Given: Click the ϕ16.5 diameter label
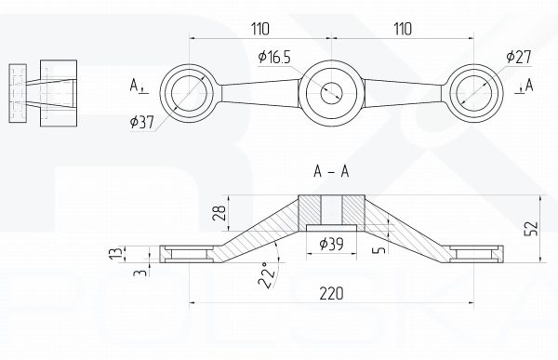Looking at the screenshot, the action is tap(274, 57).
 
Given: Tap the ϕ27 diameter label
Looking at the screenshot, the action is tap(519, 57).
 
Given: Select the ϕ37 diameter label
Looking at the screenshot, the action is tap(142, 122).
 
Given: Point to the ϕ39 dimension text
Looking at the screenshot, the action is tap(332, 244).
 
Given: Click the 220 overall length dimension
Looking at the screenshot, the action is tap(331, 294).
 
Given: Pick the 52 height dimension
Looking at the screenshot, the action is tap(531, 228).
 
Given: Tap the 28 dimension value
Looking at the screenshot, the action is tap(219, 213).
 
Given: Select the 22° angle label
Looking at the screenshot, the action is tap(267, 275).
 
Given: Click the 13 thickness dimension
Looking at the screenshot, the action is tap(120, 254).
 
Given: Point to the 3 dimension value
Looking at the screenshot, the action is tap(139, 273).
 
